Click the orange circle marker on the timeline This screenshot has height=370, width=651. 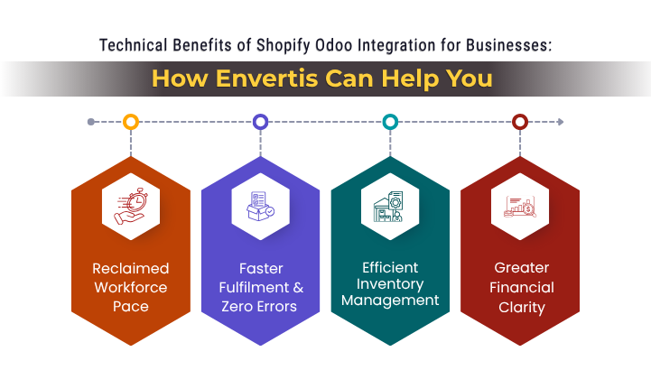pos(131,121)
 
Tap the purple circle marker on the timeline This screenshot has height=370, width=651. pos(260,121)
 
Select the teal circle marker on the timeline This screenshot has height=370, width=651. pos(390,121)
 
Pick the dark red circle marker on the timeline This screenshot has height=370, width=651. pos(520,121)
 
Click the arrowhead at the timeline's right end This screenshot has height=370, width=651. pos(560,121)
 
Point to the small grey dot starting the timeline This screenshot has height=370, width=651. pos(91,121)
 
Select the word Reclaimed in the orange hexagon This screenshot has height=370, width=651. pos(131,269)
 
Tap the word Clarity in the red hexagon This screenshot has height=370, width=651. pos(520,307)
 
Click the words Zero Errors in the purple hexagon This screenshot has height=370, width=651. pos(260,307)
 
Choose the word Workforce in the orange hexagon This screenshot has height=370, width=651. pos(131,288)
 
